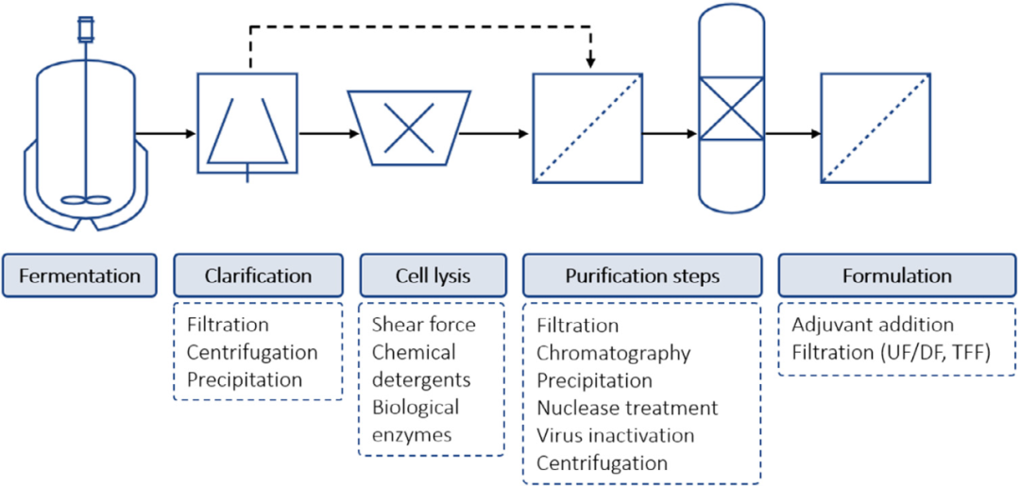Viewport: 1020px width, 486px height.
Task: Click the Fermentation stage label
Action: (79, 277)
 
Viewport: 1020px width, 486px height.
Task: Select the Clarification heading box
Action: (258, 277)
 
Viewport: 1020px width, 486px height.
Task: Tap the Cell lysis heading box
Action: (433, 277)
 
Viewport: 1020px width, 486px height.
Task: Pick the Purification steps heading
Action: (642, 277)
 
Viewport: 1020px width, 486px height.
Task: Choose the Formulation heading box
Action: (897, 277)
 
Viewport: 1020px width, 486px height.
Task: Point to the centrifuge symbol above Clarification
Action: (247, 123)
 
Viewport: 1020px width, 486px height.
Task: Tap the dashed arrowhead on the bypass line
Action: (590, 62)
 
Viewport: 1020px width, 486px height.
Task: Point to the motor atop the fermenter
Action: (85, 28)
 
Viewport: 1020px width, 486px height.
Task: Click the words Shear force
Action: (424, 325)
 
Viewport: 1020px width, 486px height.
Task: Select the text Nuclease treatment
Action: (627, 409)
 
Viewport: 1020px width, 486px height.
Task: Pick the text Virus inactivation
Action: (616, 436)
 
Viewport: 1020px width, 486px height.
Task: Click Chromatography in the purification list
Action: (613, 353)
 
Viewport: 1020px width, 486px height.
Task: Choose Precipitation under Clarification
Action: (245, 380)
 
